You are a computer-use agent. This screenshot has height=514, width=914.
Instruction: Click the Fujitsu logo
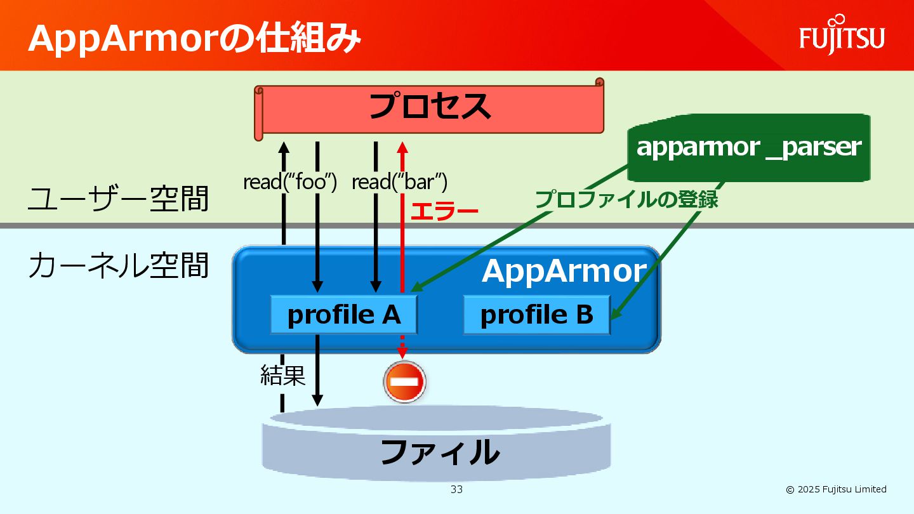point(842,36)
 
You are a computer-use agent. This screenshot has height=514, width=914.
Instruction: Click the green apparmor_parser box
point(748,147)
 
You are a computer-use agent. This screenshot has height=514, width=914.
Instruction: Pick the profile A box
point(344,315)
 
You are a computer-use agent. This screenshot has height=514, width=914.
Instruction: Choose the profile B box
point(536,315)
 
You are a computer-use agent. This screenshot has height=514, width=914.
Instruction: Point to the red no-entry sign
point(404,382)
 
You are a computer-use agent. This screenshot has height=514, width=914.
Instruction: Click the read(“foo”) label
point(289,182)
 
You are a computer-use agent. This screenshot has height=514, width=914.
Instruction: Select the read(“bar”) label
point(399,182)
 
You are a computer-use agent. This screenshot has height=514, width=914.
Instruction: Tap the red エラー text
point(444,212)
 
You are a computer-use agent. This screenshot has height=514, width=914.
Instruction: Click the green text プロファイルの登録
point(626,199)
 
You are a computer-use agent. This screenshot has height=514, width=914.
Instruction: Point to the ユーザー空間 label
point(118,199)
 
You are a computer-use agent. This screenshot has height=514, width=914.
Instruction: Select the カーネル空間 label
point(118,265)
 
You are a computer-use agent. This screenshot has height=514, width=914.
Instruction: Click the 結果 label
point(282,376)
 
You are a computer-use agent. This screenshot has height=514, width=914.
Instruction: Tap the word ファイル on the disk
point(439,452)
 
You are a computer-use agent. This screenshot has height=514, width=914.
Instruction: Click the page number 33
point(456,489)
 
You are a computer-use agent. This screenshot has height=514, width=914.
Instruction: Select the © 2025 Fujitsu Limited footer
point(836,489)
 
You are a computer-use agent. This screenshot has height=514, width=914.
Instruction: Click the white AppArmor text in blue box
point(564,271)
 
